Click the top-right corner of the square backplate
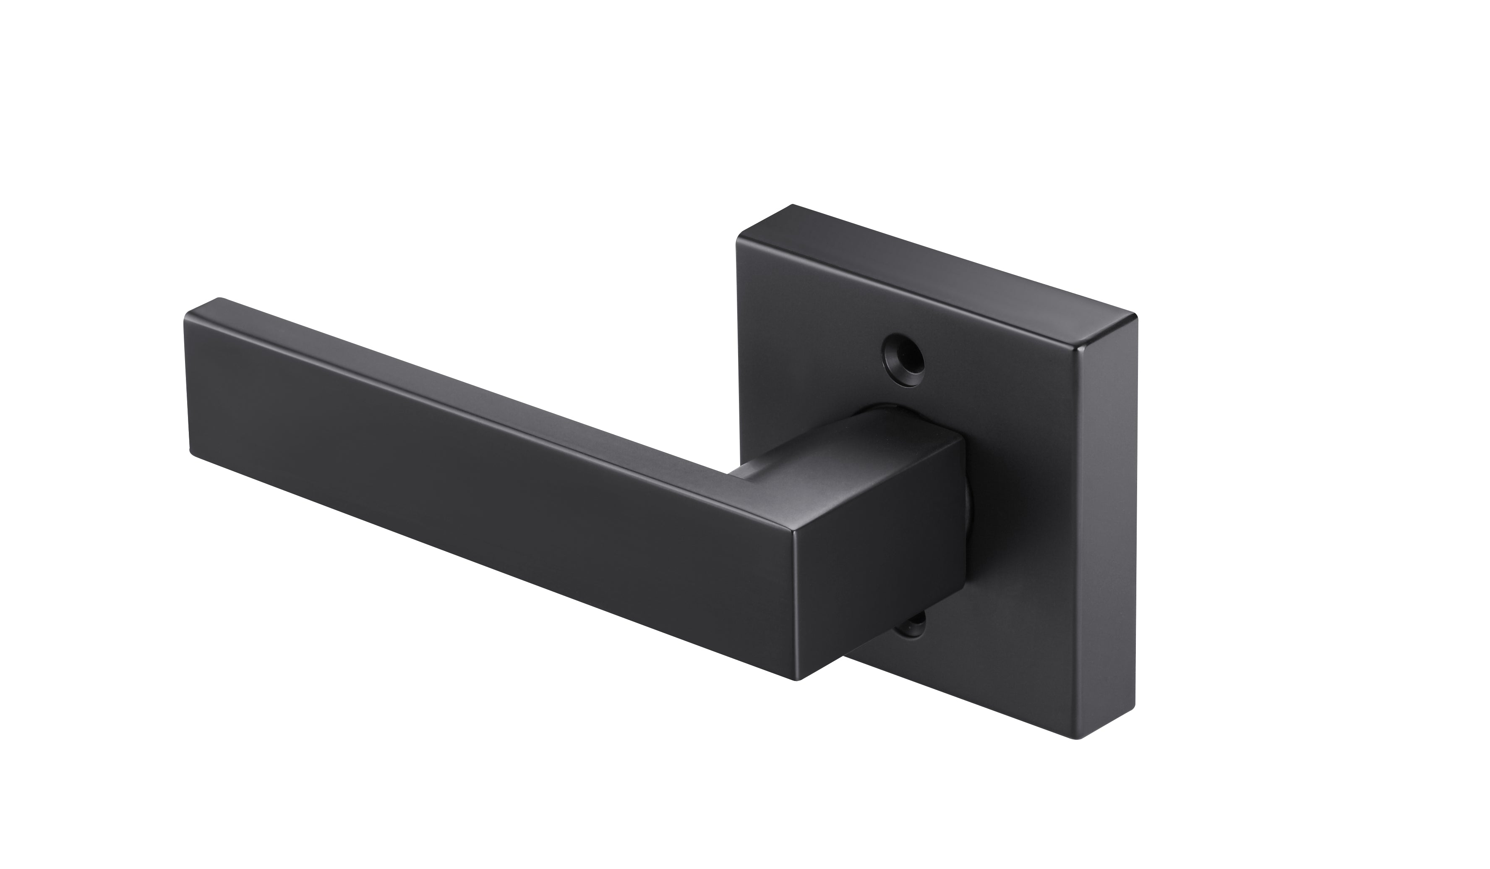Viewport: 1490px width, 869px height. [x=1135, y=318]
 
